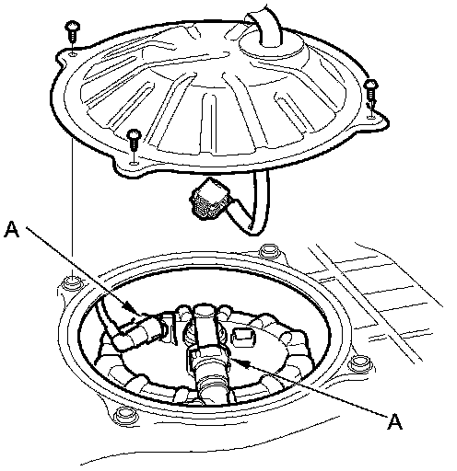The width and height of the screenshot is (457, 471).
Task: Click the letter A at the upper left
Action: tap(12, 229)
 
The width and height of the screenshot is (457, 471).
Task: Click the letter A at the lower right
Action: tap(394, 421)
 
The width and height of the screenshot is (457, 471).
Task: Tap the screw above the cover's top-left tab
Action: tap(73, 32)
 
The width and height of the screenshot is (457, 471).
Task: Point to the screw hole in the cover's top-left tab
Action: tap(73, 54)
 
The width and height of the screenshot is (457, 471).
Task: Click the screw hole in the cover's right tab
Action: tap(371, 116)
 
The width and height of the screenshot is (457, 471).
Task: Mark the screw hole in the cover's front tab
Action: tap(134, 162)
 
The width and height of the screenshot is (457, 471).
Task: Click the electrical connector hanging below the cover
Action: tap(209, 200)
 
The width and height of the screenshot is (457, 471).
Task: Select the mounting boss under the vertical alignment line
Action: tap(72, 281)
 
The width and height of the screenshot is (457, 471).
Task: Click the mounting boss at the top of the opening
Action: tap(269, 251)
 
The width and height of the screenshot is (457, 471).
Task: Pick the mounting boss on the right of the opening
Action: tap(360, 364)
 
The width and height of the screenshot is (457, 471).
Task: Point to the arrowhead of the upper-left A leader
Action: tap(129, 306)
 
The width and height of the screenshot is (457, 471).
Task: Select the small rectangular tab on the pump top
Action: tap(243, 337)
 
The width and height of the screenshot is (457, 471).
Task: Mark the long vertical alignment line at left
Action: tap(72, 209)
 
